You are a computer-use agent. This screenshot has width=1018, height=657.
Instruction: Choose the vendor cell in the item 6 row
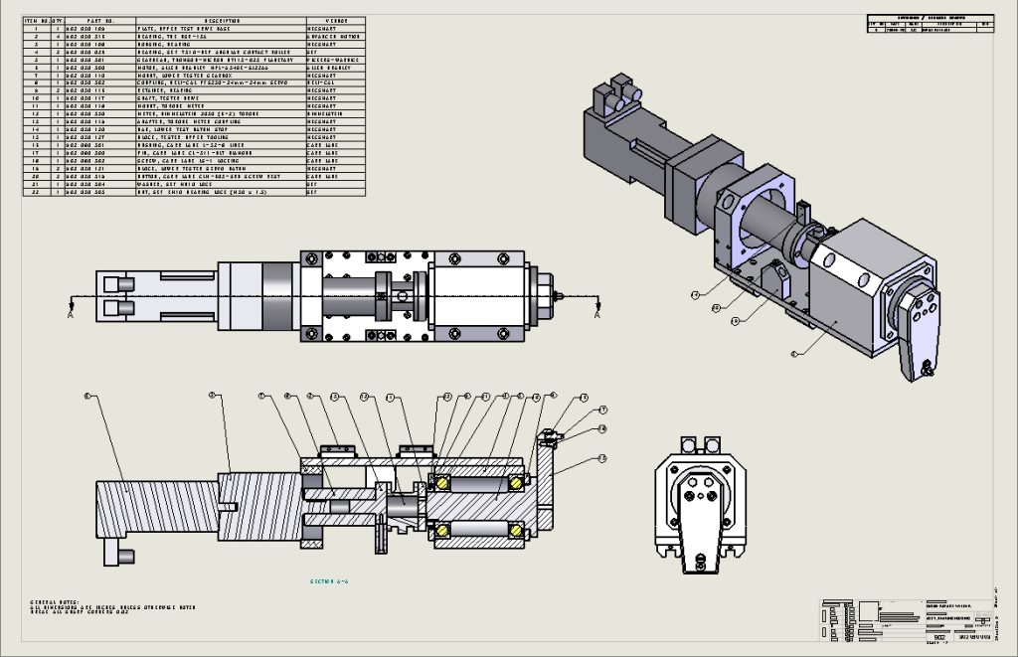(x=335, y=67)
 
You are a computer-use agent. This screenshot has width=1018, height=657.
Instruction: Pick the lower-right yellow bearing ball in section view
(x=516, y=527)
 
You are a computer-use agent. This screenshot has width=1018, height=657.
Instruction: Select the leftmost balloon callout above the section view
(x=87, y=397)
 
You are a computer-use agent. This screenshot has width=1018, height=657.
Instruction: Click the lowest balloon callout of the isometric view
(x=793, y=353)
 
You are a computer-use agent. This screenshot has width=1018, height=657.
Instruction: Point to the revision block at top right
(x=929, y=25)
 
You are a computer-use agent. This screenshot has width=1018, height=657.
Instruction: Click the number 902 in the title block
(x=938, y=633)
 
